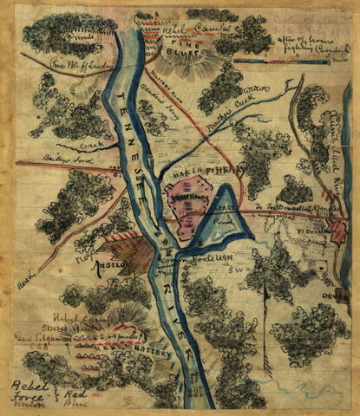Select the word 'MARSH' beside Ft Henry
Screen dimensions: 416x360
(183, 170)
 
